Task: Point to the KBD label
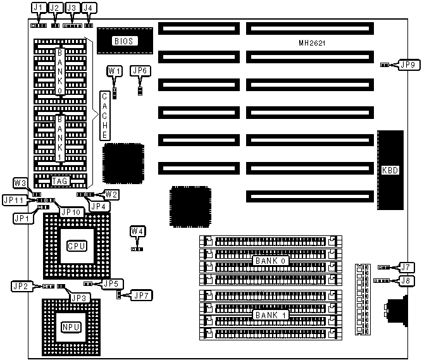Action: tap(390, 170)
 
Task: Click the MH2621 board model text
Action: tap(311, 43)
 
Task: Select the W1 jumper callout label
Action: tap(115, 71)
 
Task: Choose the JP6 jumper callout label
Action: tap(140, 71)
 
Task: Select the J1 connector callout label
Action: tap(39, 8)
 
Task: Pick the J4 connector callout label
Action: tap(90, 8)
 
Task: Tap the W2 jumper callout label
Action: tap(111, 194)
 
